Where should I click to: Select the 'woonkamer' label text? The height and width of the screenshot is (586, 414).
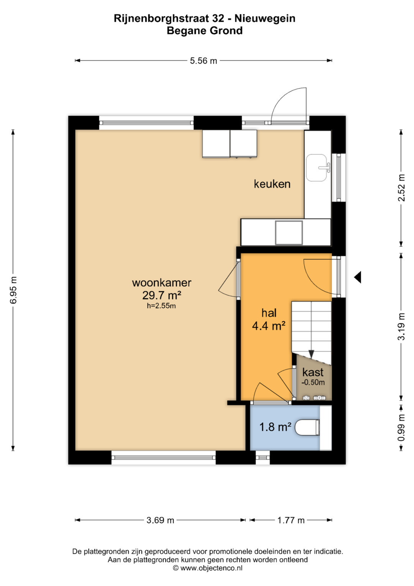[x=161, y=283]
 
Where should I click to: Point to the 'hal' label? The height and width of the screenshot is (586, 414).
[x=269, y=313]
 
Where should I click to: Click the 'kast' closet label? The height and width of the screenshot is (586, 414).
[x=313, y=372]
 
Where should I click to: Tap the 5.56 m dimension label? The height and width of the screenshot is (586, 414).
[x=203, y=61]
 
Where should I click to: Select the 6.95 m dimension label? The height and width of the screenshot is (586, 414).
[x=13, y=290]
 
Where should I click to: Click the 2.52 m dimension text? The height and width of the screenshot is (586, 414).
[x=401, y=188]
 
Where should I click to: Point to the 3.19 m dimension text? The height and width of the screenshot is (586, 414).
[x=401, y=327]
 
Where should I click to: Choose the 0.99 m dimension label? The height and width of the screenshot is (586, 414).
[x=401, y=428]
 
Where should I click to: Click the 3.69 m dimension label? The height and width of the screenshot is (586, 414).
[x=160, y=520]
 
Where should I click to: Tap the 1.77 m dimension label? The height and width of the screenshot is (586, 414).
[x=291, y=520]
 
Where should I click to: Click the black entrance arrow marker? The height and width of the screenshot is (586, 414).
[x=358, y=277]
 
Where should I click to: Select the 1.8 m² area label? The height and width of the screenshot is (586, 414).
[x=275, y=427]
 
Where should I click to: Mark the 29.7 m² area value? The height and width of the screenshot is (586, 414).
[x=161, y=295]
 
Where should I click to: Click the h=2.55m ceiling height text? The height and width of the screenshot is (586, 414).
[x=161, y=305]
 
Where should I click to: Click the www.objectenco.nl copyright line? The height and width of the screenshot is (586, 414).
[x=207, y=568]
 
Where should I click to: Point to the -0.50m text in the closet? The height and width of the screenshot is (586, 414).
[x=313, y=382]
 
